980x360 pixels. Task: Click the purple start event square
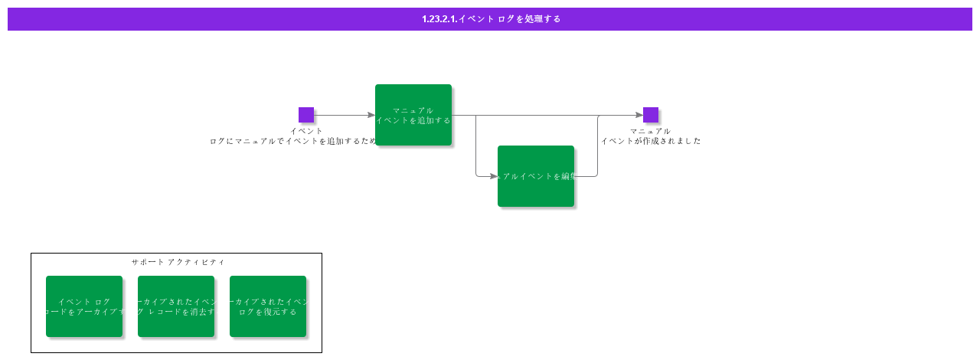[306, 115]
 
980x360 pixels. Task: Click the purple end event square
[651, 115]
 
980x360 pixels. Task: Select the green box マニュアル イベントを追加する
[413, 115]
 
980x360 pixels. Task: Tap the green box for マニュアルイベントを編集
[536, 176]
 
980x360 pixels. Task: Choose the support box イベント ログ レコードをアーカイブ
[84, 306]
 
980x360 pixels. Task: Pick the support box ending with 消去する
[176, 306]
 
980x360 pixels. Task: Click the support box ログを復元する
[268, 306]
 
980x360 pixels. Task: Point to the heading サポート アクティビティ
[178, 262]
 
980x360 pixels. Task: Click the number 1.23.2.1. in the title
[439, 19]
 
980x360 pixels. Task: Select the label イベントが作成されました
[651, 141]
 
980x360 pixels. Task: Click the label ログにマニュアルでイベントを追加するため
[293, 141]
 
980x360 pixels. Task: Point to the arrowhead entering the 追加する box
[371, 115]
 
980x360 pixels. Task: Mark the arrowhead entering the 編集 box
[494, 176]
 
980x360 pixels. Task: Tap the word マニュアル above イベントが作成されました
[651, 131]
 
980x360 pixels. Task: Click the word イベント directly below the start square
[306, 131]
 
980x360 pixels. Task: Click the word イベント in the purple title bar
[475, 19]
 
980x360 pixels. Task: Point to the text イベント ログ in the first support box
[84, 302]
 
